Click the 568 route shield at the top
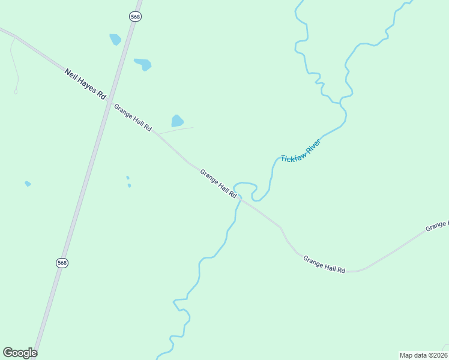(135, 17)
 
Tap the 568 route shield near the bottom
(62, 263)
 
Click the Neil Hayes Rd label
(85, 83)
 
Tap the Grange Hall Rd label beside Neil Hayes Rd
(133, 118)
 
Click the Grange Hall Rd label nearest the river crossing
(218, 183)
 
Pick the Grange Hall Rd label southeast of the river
(324, 265)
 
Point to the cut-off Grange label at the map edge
(437, 226)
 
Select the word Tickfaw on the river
(293, 155)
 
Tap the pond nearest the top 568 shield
(115, 40)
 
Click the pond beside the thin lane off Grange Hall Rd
(177, 121)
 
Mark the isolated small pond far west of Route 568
(28, 184)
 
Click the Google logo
(20, 353)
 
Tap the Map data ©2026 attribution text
(423, 355)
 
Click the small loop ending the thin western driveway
(16, 91)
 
